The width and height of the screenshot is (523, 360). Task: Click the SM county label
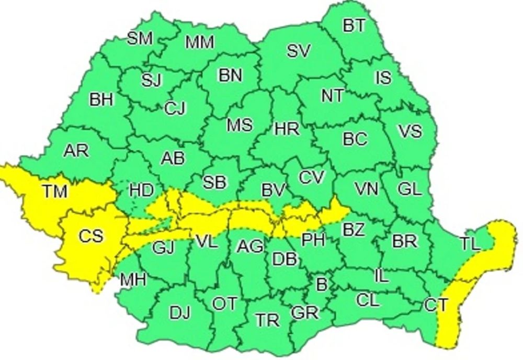point(140,38)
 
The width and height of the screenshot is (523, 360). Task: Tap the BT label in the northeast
point(354,25)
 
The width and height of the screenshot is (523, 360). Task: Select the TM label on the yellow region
point(54,192)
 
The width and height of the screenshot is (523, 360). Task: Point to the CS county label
point(92,236)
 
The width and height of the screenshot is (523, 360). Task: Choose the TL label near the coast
point(472,243)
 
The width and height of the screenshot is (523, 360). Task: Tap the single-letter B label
point(322,285)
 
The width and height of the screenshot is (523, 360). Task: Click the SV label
point(299,51)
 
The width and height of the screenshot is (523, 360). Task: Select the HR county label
point(286,128)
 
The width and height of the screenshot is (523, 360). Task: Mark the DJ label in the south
point(180,313)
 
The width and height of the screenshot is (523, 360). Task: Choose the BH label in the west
point(101,99)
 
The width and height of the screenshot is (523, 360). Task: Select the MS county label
point(239,125)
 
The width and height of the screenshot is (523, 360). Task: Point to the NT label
point(332,96)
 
